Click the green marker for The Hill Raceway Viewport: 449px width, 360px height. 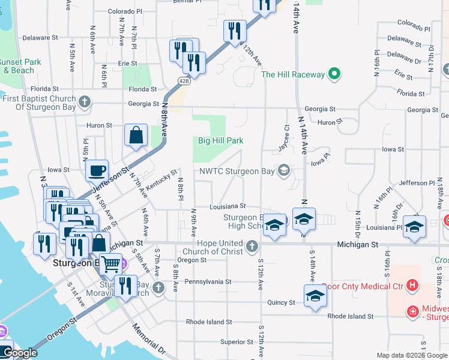(335, 75)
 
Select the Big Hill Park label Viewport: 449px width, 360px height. (221, 141)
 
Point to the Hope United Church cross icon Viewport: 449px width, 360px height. (253, 245)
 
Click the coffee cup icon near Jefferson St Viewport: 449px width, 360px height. (96, 170)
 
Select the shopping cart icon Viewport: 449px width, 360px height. (110, 262)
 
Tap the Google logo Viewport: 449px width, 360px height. (19, 353)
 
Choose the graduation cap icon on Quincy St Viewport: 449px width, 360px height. (315, 296)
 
